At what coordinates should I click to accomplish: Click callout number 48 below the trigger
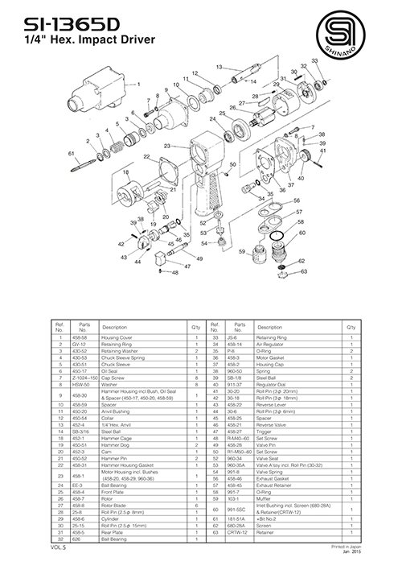(173, 272)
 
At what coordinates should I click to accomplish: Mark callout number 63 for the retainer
(304, 271)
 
